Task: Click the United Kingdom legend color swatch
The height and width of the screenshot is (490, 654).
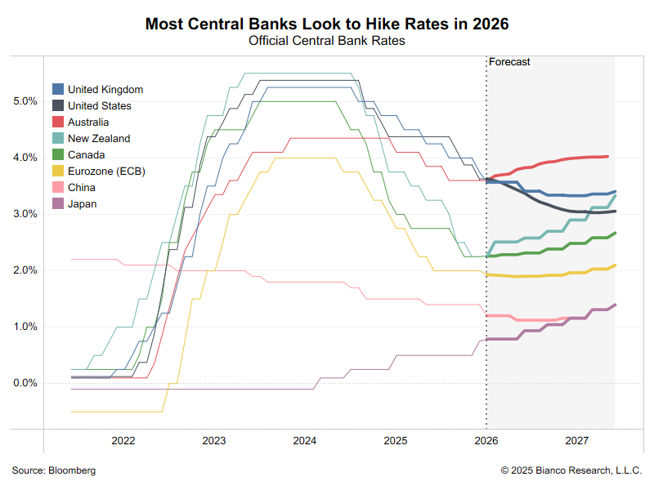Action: coord(58,90)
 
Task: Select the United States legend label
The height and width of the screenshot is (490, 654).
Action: coord(99,106)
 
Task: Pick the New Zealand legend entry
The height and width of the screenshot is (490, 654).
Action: coord(98,139)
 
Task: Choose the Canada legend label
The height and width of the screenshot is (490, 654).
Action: coord(87,155)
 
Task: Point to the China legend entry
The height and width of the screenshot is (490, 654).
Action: coord(82,188)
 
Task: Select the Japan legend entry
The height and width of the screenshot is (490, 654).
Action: coord(83,204)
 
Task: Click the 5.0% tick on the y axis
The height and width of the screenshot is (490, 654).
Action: coord(25,101)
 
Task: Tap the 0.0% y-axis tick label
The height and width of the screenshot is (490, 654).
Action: coord(25,383)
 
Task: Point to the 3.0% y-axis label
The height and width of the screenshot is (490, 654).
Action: coord(25,214)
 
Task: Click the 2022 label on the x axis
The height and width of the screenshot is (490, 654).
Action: coord(123,441)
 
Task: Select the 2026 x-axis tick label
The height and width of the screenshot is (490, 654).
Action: coord(486,441)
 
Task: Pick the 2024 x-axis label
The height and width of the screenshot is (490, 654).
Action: coord(305,441)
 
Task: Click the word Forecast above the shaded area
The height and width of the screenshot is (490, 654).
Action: coord(509,62)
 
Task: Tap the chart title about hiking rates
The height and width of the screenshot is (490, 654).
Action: coord(327,24)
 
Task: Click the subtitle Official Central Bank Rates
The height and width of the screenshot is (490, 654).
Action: coord(327,40)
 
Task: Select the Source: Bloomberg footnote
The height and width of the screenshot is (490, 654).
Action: coord(54,470)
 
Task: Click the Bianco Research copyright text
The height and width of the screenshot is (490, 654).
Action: coord(571,470)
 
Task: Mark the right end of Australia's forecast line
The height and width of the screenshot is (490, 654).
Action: coord(607,156)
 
